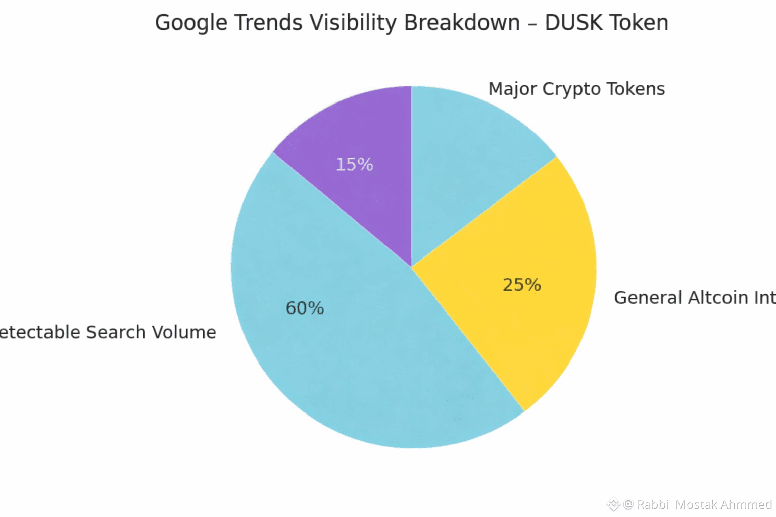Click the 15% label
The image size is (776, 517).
354,165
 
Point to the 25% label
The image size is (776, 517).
521,285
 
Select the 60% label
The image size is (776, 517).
305,308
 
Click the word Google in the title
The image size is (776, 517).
190,23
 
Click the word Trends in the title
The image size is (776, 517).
268,23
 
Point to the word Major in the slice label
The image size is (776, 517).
512,89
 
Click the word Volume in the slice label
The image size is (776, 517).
184,332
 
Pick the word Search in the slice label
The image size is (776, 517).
116,332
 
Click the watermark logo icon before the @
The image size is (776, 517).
613,504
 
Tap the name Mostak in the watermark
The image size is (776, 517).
696,504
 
